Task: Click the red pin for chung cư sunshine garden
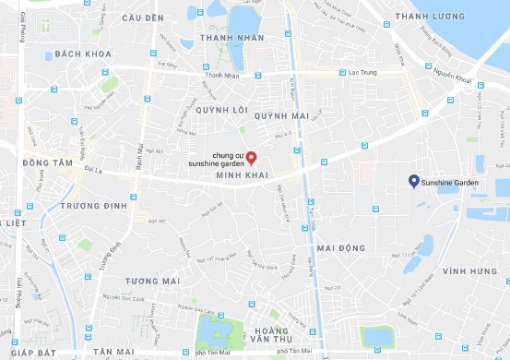(x=249, y=155)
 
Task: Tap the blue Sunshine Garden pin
(x=413, y=181)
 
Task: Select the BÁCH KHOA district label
(x=83, y=54)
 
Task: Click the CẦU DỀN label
(x=142, y=18)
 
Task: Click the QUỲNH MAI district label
(x=280, y=116)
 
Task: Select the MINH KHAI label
(x=241, y=174)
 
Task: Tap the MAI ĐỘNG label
(x=340, y=248)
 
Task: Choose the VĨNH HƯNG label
(x=468, y=271)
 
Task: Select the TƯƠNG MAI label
(x=151, y=282)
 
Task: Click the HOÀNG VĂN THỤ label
(x=272, y=336)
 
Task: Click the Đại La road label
(x=94, y=170)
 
